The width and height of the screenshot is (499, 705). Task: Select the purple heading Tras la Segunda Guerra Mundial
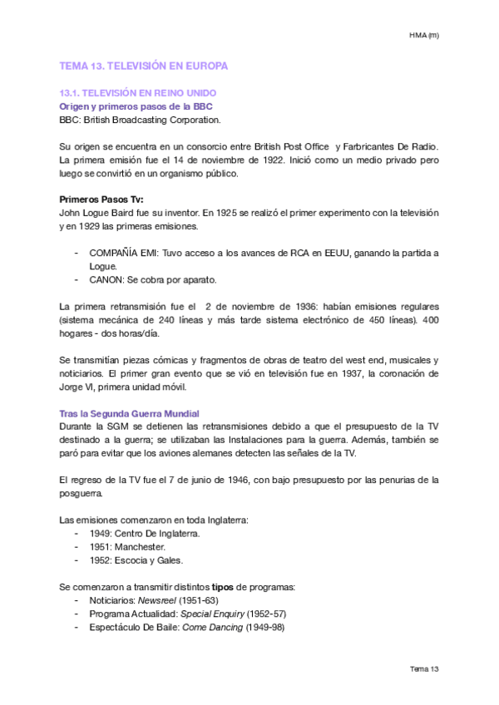click(130, 413)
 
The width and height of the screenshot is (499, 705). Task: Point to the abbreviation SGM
click(121, 426)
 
